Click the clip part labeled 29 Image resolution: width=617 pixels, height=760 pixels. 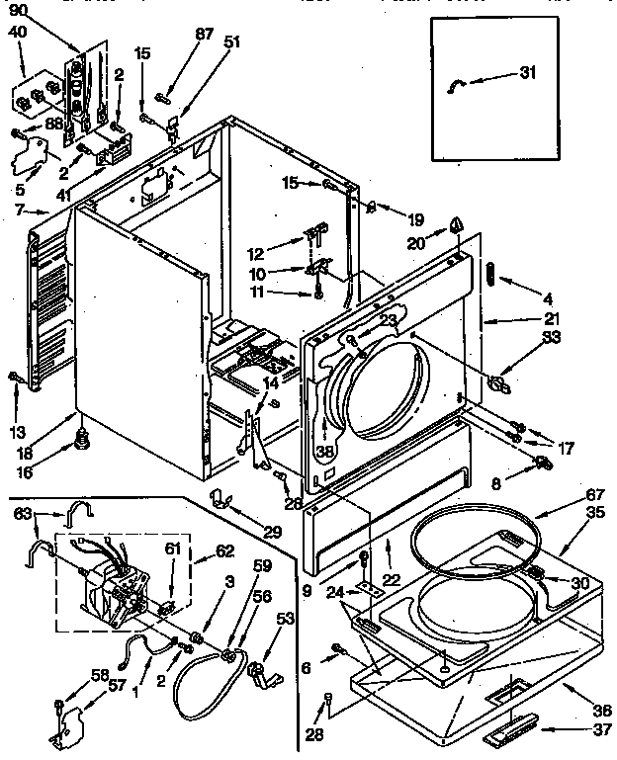point(220,497)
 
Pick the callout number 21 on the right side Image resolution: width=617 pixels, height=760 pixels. point(553,319)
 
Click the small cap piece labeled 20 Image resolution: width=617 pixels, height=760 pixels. point(456,225)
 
